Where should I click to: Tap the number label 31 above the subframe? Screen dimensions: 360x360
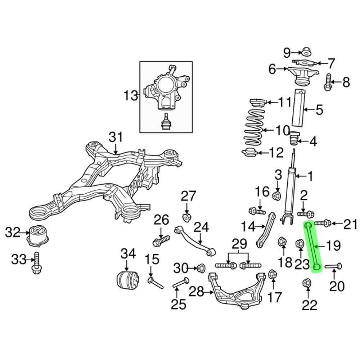click(x=116, y=138)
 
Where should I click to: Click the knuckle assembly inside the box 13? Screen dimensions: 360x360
click(x=166, y=90)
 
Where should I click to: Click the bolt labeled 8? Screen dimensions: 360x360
click(x=328, y=82)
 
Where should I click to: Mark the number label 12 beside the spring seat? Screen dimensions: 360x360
click(x=276, y=153)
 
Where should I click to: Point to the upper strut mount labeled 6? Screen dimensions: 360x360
click(x=302, y=75)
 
